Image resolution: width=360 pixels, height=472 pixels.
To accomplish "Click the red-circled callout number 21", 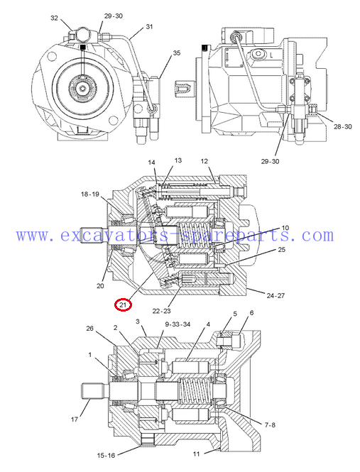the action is click(123, 304).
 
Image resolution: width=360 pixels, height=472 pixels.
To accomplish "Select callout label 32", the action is click(54, 18).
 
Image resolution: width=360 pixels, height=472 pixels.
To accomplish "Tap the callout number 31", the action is click(149, 26).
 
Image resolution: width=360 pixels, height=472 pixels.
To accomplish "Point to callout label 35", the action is click(177, 53).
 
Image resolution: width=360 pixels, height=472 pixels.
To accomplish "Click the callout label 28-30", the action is click(342, 127).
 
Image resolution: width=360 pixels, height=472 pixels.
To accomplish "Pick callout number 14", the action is click(151, 163).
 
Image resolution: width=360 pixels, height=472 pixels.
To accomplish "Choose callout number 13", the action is click(178, 160).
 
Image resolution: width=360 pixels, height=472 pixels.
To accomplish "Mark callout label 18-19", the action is click(89, 194).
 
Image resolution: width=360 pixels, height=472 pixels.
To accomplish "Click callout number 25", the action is click(281, 250).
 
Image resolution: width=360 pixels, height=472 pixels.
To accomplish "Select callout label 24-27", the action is click(276, 295).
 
